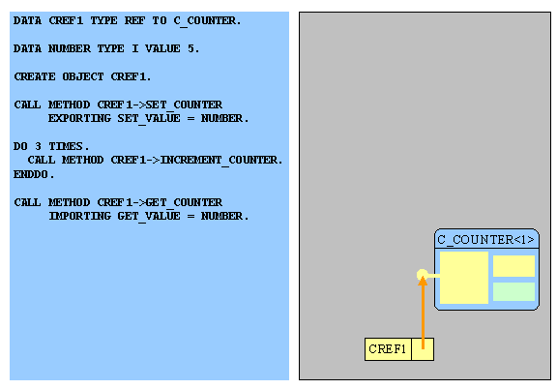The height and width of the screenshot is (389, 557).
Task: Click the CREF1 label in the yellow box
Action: pos(387,349)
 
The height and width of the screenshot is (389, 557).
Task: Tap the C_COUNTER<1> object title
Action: pos(486,240)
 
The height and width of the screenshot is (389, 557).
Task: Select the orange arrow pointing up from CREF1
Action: pos(423,313)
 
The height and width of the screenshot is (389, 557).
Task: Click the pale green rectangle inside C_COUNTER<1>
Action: pos(513,291)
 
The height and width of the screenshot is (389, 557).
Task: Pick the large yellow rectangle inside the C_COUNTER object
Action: pos(464,278)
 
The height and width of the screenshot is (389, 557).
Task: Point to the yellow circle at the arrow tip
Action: pos(422,275)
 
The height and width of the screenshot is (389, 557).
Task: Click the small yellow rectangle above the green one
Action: pos(513,265)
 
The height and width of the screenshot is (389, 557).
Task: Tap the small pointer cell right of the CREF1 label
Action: pos(423,349)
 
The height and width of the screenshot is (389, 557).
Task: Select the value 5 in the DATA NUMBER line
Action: pos(191,48)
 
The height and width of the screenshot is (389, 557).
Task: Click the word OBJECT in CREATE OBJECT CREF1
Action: pos(83,76)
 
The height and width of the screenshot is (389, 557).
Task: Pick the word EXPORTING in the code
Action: pos(79,118)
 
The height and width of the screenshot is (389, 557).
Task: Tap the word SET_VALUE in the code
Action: pos(149,118)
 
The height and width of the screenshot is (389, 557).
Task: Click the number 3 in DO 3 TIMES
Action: pos(38,146)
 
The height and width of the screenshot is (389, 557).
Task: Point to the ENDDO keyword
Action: pos(31,174)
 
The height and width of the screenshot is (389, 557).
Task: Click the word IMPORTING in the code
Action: pos(79,216)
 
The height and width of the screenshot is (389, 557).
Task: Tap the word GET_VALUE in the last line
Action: pos(149,216)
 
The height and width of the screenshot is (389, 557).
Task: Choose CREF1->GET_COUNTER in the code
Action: pos(160,202)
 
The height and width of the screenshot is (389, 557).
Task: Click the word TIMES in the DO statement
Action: pos(66,146)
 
